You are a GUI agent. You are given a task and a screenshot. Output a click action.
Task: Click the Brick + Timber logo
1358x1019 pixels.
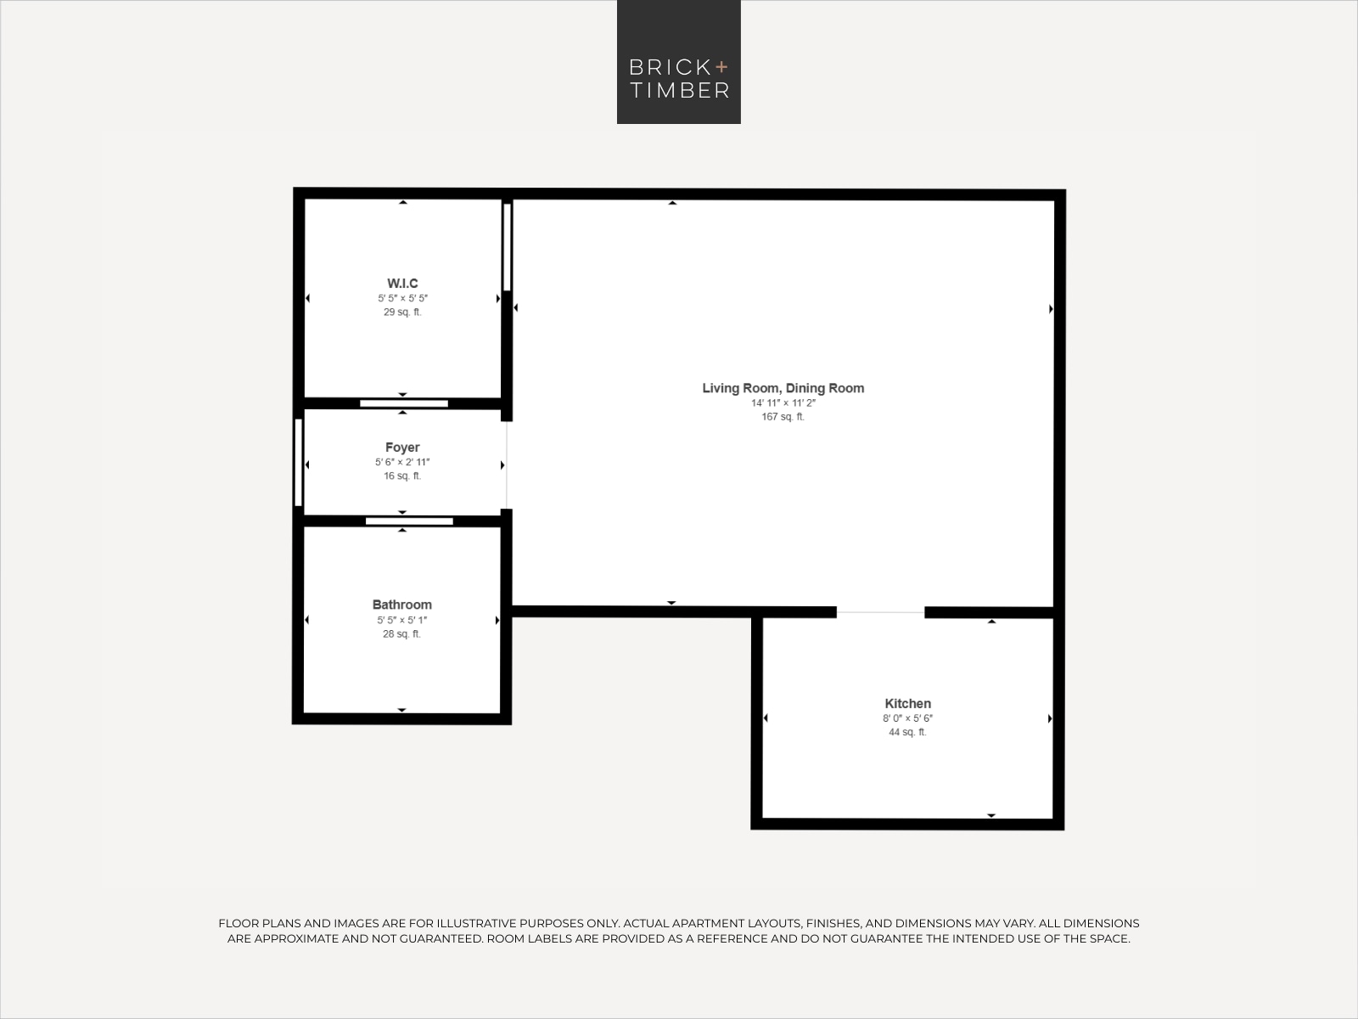679,62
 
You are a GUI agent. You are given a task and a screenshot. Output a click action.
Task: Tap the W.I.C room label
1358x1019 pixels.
403,284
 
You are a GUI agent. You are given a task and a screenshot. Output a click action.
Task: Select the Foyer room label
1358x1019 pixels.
402,448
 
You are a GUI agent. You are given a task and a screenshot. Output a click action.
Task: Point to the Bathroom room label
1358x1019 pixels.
402,605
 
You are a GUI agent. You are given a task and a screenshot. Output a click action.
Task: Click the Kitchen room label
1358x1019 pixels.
907,703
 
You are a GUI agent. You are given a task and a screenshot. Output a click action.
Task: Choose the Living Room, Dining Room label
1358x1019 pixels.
783,388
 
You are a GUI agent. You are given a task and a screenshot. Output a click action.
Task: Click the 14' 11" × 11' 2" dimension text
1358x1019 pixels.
783,403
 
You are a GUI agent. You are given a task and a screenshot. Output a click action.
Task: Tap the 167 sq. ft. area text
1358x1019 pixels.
783,417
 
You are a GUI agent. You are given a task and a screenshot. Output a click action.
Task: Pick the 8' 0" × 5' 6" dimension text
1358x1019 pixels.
907,718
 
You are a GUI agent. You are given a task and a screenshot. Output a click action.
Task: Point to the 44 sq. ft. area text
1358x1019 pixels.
907,733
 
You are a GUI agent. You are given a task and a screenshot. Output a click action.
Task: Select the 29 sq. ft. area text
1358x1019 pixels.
403,312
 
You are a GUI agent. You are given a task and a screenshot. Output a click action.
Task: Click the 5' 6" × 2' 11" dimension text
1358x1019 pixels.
402,462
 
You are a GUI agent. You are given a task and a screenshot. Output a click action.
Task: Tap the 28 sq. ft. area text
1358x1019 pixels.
402,634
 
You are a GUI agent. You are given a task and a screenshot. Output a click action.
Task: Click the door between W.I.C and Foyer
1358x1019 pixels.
404,403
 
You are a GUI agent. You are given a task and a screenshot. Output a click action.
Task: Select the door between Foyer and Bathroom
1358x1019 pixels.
410,521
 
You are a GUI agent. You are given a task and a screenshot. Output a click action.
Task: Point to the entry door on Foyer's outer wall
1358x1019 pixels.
298,462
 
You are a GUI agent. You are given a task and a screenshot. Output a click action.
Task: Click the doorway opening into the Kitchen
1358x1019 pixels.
880,612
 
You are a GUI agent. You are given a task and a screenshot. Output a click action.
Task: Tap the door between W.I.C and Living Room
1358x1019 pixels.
507,247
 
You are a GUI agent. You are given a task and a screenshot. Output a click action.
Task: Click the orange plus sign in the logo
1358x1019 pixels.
721,67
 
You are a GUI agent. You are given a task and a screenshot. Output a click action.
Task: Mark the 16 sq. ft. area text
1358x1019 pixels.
402,476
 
